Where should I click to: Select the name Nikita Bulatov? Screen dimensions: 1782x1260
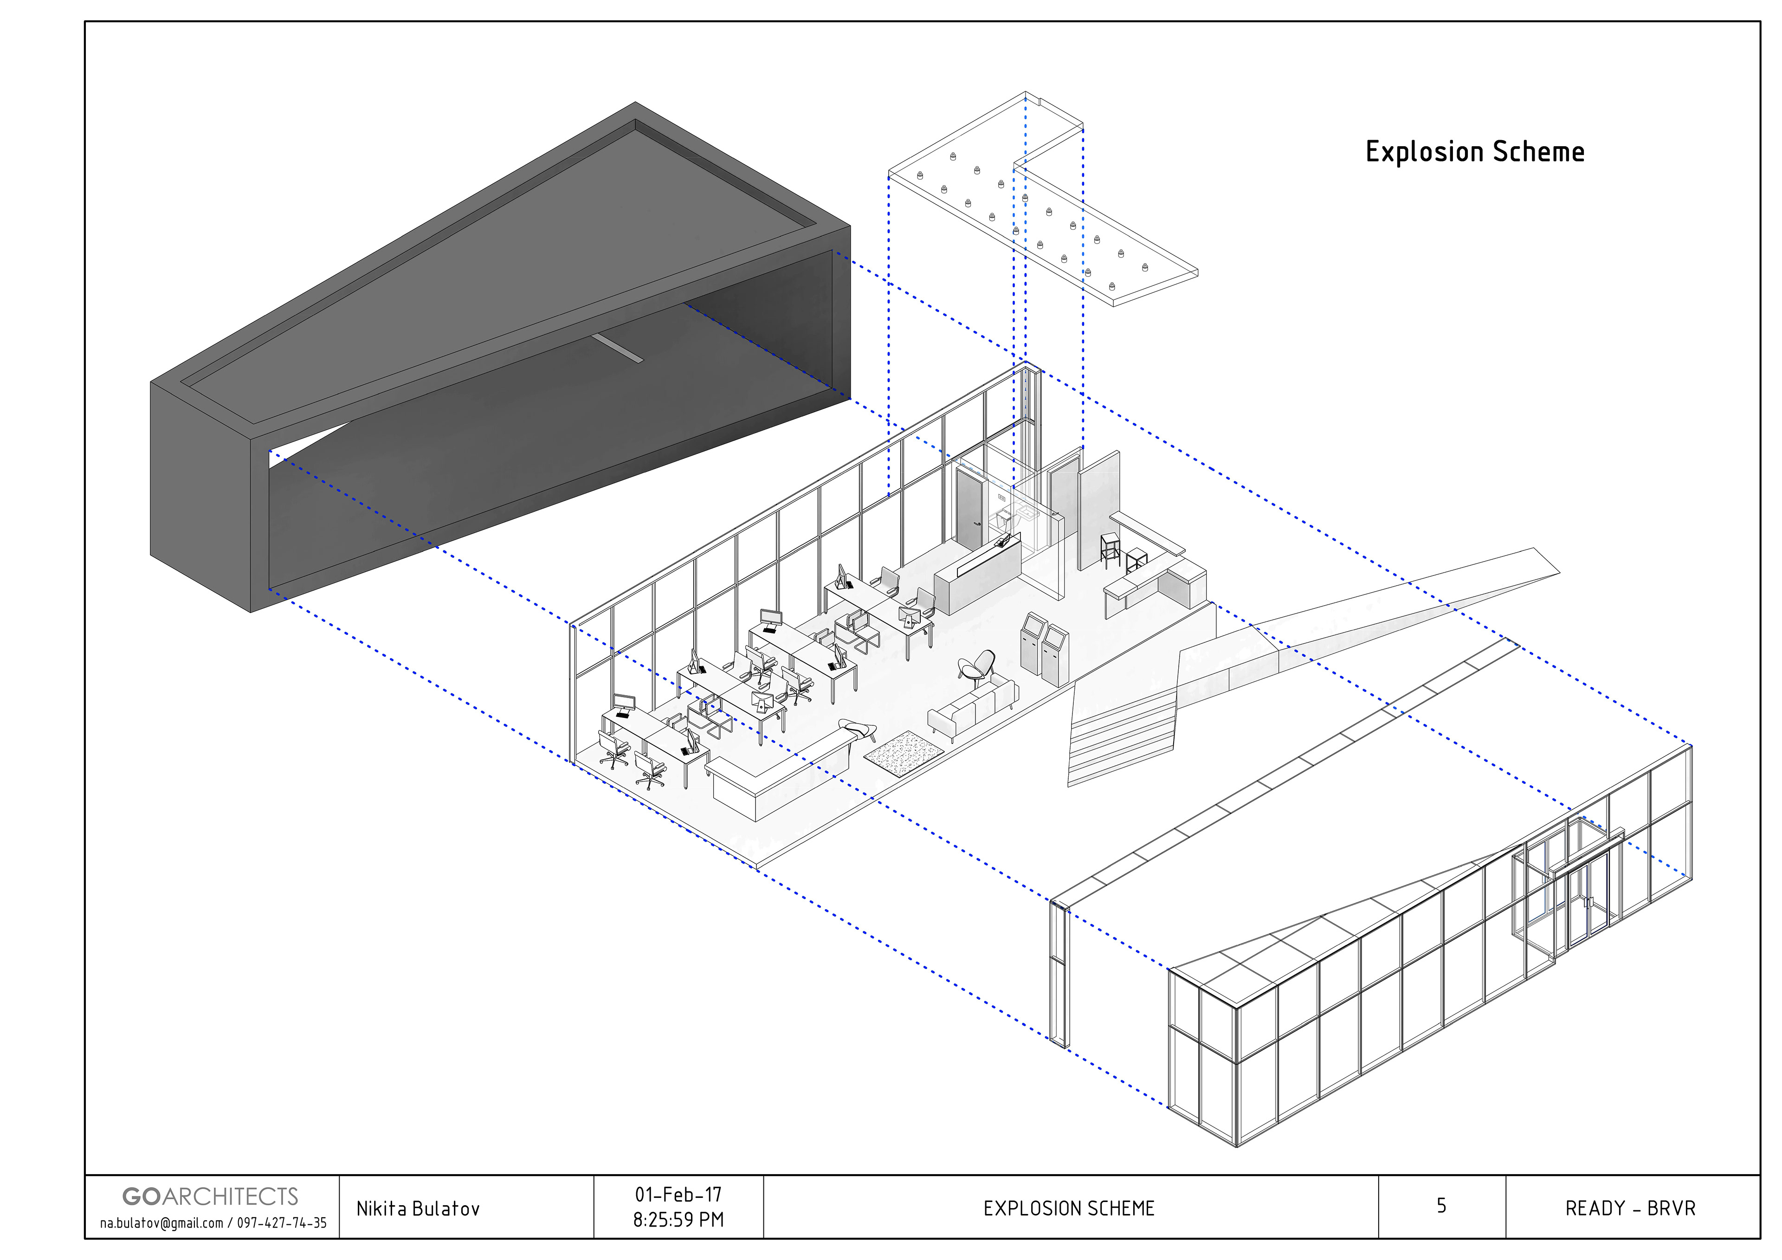tap(418, 1209)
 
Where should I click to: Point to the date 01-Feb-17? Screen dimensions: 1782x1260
tap(678, 1194)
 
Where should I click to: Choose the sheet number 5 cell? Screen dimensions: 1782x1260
tap(1441, 1206)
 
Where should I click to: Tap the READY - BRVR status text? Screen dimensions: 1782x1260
tap(1630, 1209)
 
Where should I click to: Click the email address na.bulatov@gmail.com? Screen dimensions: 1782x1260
tap(161, 1223)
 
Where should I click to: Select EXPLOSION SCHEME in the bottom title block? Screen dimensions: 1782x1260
tap(1069, 1209)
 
